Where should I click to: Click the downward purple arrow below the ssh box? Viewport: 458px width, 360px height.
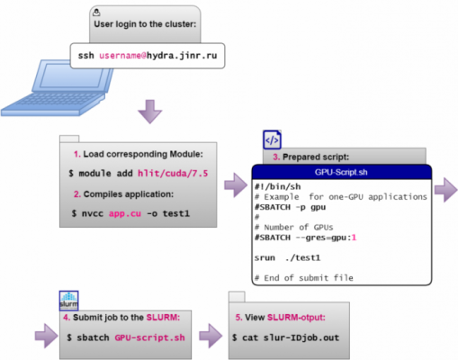pos(150,112)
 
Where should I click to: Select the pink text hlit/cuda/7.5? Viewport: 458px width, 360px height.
pos(173,174)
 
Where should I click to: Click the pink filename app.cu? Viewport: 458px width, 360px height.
pos(125,213)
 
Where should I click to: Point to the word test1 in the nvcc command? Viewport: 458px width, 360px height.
pos(176,213)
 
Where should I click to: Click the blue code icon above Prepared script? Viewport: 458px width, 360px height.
pos(272,139)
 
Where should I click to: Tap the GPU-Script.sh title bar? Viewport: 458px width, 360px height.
pos(342,172)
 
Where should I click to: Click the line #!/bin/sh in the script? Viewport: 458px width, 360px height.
pos(278,187)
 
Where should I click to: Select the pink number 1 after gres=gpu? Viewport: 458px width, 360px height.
pos(354,238)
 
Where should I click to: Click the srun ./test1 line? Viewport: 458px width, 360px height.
pos(287,257)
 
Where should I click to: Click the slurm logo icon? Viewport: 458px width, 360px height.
pos(69,301)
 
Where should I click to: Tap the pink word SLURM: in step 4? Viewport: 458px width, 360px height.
pos(163,318)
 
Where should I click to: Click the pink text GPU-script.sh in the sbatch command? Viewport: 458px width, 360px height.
pos(149,337)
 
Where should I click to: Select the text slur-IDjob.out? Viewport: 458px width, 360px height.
pos(301,337)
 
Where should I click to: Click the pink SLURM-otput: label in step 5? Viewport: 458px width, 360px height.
pos(296,318)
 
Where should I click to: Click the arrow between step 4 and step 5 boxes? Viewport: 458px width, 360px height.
pos(211,336)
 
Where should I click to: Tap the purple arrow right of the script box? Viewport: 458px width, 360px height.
pos(446,190)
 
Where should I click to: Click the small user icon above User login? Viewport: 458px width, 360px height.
pos(96,13)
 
